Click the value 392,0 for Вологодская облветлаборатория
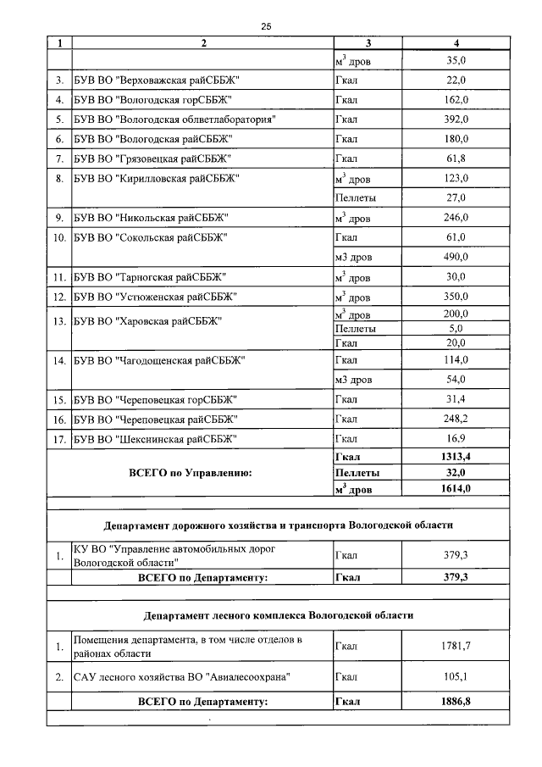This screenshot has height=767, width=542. pyautogui.click(x=456, y=119)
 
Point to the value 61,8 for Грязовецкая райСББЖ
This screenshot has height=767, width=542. pyautogui.click(x=456, y=158)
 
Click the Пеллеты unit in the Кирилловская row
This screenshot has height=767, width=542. pyautogui.click(x=356, y=197)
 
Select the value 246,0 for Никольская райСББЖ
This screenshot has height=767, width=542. pyautogui.click(x=456, y=218)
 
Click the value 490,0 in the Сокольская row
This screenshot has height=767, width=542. pyautogui.click(x=456, y=257)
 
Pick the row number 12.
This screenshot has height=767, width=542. pyautogui.click(x=59, y=297)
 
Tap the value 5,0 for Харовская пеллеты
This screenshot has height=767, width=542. pyautogui.click(x=456, y=328)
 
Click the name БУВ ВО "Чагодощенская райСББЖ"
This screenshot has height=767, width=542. pyautogui.click(x=158, y=361)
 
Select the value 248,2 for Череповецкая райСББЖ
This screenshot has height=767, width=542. pyautogui.click(x=456, y=420)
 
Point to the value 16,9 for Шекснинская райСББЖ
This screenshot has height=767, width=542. pyautogui.click(x=456, y=439)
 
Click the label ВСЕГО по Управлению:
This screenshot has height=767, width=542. pyautogui.click(x=190, y=473)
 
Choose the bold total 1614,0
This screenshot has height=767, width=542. pyautogui.click(x=456, y=488)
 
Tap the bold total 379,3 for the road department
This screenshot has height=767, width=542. pyautogui.click(x=456, y=577)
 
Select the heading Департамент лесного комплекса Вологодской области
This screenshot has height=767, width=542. pyautogui.click(x=278, y=614)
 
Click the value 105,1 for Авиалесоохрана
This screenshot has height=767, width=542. pyautogui.click(x=456, y=677)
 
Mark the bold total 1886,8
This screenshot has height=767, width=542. pyautogui.click(x=456, y=702)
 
